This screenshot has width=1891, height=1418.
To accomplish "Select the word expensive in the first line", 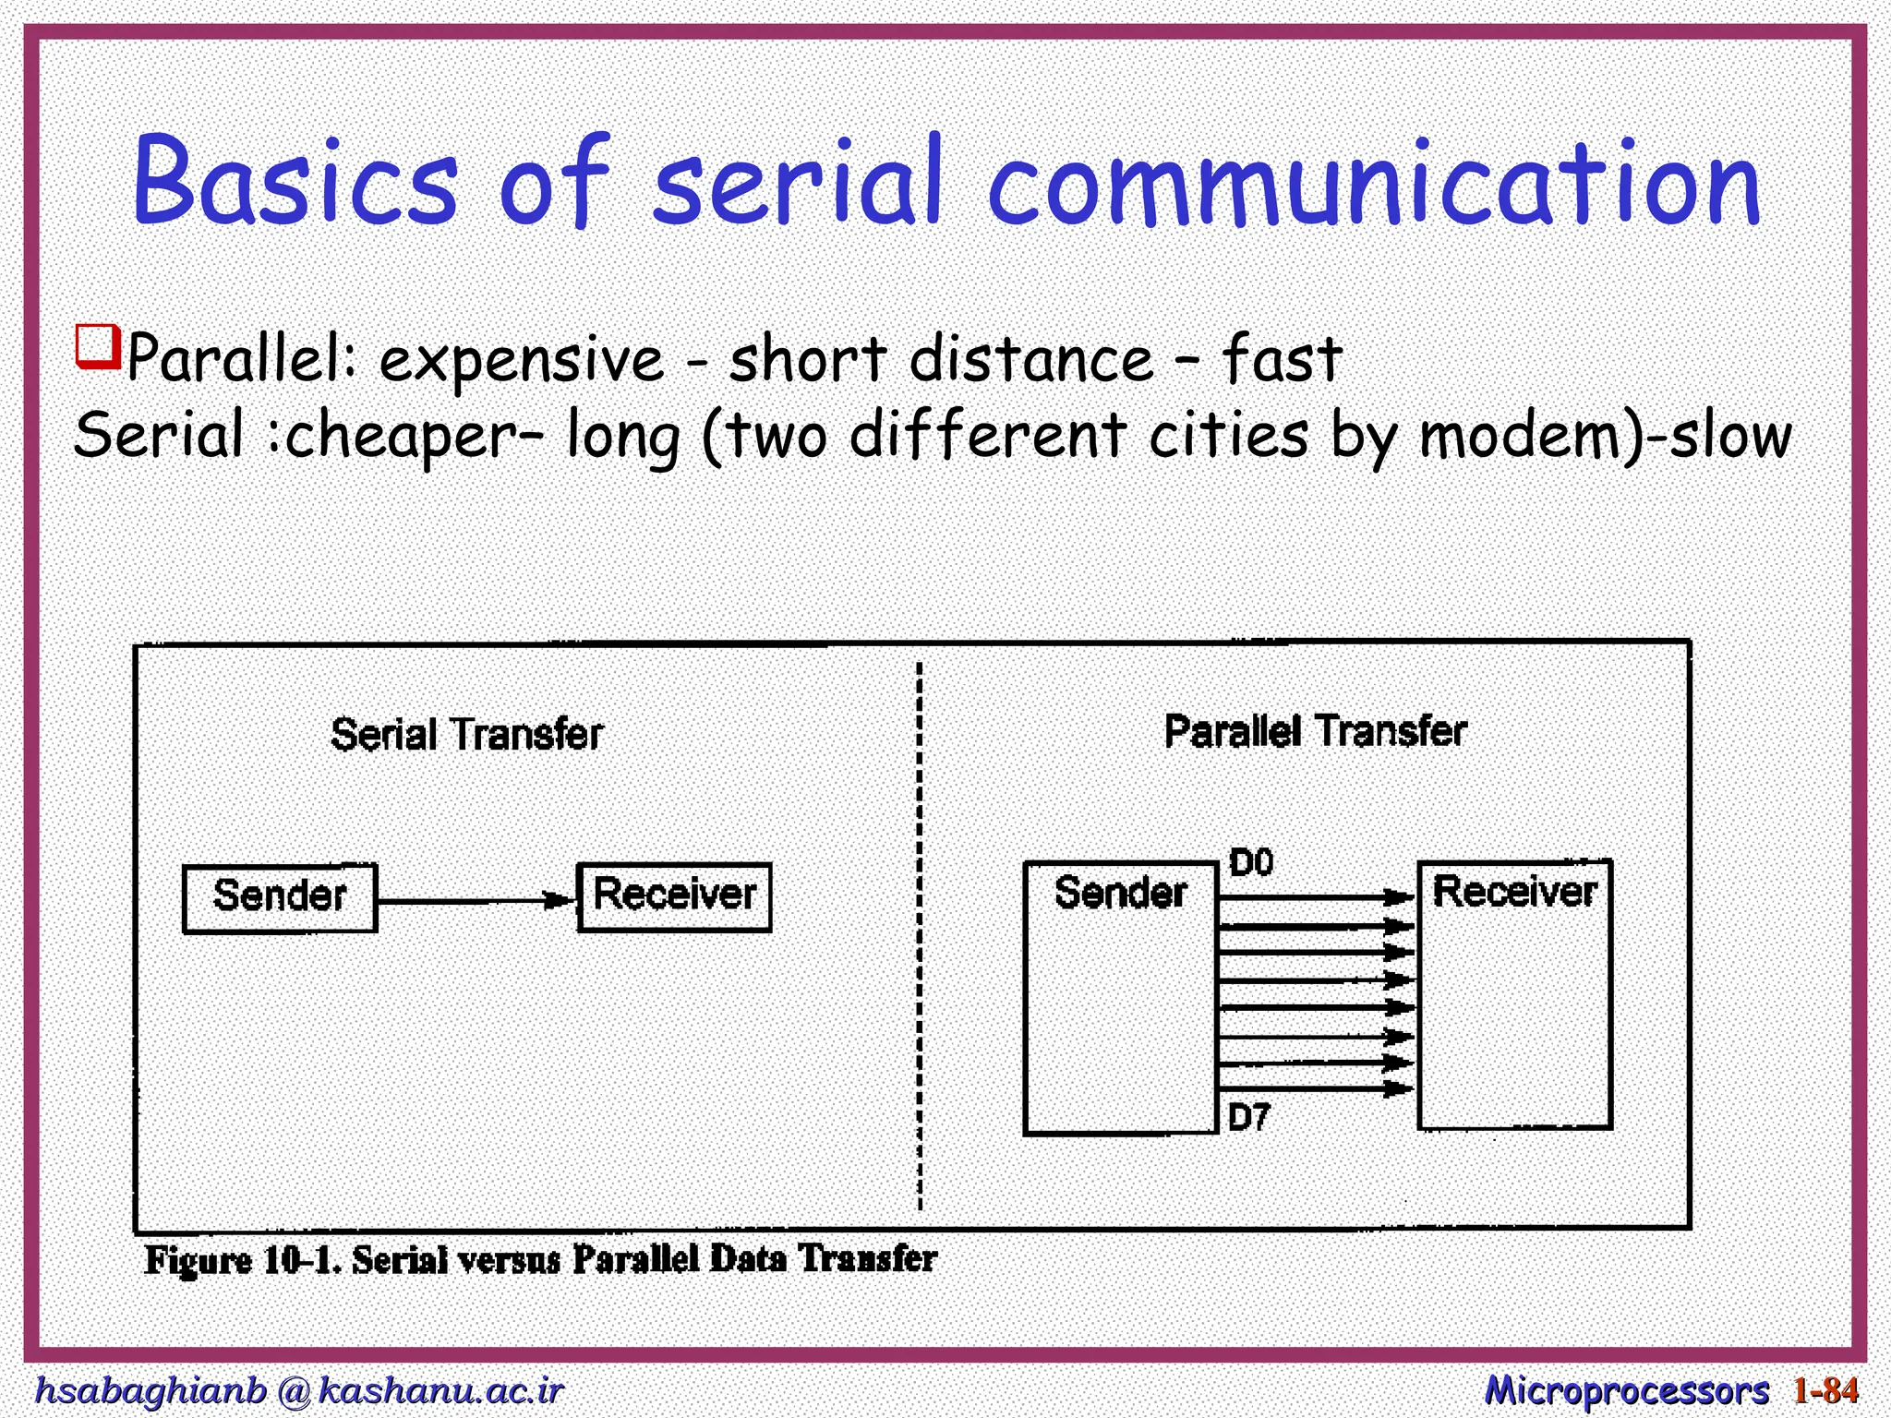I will point(521,359).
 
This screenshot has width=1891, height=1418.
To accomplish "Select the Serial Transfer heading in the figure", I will point(466,735).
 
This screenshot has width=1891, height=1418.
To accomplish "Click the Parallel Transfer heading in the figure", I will point(1315,731).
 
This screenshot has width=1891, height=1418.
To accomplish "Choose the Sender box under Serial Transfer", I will point(280,897).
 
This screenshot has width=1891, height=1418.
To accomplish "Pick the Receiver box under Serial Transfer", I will point(674,896).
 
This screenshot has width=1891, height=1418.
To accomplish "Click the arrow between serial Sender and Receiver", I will point(476,900).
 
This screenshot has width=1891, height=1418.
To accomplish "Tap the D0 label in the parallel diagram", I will point(1251,862).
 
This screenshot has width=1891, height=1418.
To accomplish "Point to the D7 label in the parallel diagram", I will point(1249,1118).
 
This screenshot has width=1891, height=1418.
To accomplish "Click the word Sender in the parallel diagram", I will point(1120,893).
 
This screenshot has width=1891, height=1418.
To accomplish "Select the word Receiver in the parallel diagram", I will point(1514,892).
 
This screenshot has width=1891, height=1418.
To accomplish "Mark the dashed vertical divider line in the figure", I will point(920,932).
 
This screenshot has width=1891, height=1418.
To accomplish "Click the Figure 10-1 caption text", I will point(540,1259).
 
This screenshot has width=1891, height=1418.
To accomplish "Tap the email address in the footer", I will point(298,1390).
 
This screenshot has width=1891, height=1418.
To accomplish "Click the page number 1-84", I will point(1825,1390).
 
